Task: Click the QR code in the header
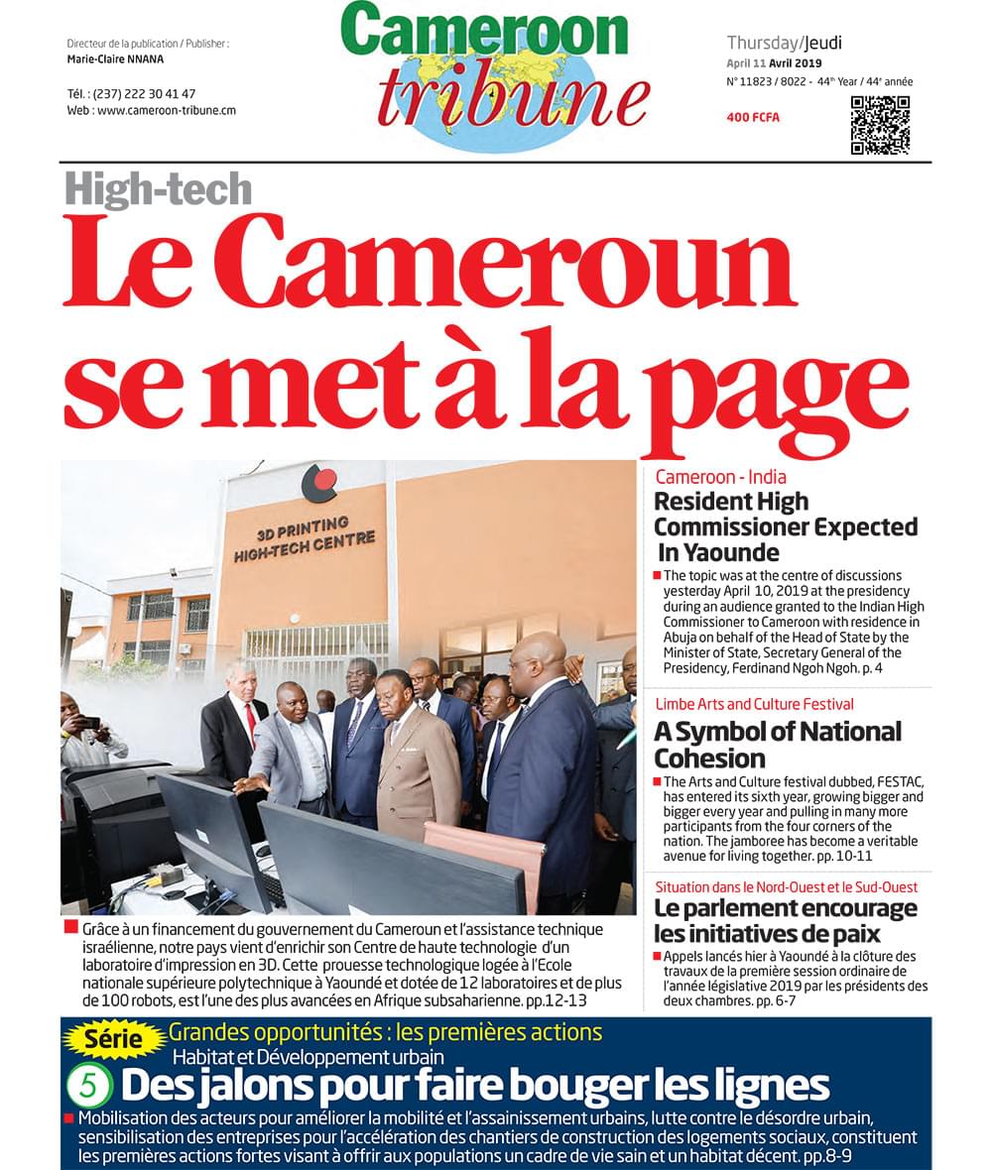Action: coord(880,125)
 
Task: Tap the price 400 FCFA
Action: coord(753,118)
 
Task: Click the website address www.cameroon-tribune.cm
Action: coord(166,111)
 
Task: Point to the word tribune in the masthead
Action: coord(512,97)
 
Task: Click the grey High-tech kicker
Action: coord(159,188)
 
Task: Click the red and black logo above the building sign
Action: coord(319,483)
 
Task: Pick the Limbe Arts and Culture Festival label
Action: coord(754,704)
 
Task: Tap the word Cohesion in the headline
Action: coord(709,759)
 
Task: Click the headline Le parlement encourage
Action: coord(785,908)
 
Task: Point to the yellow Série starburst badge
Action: coord(113,1040)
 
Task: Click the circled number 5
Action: coord(88,1086)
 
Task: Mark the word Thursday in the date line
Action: coord(763,43)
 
